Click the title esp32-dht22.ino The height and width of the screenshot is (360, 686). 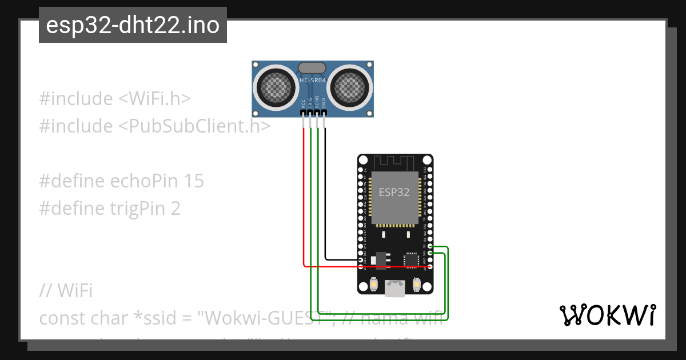tap(133, 26)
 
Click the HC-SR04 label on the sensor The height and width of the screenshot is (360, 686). tap(313, 81)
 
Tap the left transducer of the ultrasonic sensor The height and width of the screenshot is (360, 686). tap(276, 87)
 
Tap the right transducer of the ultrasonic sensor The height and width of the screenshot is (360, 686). tap(350, 87)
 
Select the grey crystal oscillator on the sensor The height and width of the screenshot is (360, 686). tap(312, 69)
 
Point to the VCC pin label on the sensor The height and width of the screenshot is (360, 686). tap(304, 103)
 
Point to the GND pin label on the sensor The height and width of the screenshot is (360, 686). tap(324, 103)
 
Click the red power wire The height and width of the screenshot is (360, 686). tap(304, 200)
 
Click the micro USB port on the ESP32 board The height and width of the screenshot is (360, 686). tap(395, 289)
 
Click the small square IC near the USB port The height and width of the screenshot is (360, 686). tap(410, 260)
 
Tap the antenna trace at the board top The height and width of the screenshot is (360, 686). tap(395, 161)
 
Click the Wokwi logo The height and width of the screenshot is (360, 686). tap(607, 315)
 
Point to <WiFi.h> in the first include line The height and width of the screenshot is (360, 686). tap(154, 98)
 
